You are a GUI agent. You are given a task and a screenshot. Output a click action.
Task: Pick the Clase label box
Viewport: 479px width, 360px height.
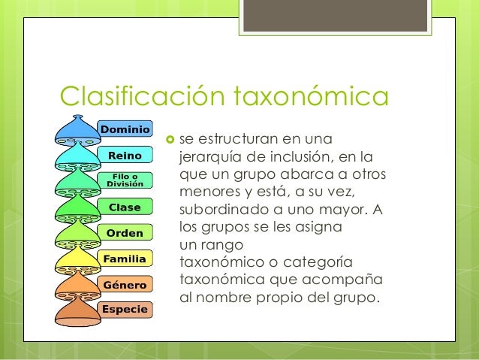click(124, 207)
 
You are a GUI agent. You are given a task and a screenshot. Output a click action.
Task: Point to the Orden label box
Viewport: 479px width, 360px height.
click(124, 233)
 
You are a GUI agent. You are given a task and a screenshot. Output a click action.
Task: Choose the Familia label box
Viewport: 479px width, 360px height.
click(125, 259)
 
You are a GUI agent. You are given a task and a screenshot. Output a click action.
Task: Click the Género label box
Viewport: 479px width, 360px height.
click(125, 285)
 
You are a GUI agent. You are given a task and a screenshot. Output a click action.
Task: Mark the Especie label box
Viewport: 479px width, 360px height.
click(125, 309)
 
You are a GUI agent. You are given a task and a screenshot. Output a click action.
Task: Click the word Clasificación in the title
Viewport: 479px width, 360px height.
click(143, 97)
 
